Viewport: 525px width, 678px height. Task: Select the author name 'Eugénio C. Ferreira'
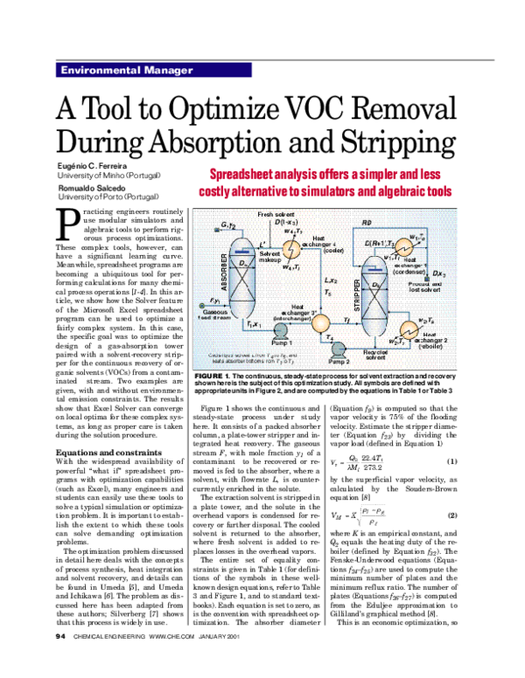point(87,166)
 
